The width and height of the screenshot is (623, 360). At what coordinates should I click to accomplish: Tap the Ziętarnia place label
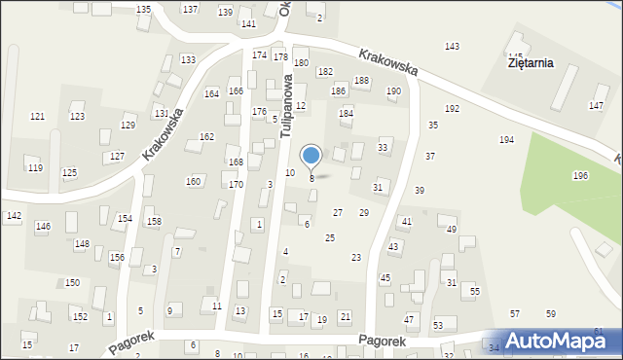pyautogui.click(x=531, y=63)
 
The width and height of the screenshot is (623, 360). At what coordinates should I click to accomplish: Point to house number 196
pyautogui.click(x=580, y=176)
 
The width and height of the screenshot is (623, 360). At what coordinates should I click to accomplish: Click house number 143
pyautogui.click(x=452, y=47)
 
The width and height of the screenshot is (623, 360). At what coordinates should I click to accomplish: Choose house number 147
pyautogui.click(x=596, y=105)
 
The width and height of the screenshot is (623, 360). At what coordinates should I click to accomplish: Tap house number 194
pyautogui.click(x=506, y=140)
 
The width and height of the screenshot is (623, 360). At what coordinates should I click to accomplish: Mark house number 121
pyautogui.click(x=37, y=117)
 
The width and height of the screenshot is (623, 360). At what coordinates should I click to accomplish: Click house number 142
pyautogui.click(x=14, y=216)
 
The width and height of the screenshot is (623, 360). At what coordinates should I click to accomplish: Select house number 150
pyautogui.click(x=72, y=282)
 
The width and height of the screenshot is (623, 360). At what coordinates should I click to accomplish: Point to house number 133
pyautogui.click(x=187, y=60)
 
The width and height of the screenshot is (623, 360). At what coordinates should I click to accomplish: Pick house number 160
pyautogui.click(x=194, y=182)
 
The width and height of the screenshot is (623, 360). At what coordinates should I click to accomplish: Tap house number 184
pyautogui.click(x=345, y=114)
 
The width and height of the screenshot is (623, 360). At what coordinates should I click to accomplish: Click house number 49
pyautogui.click(x=451, y=230)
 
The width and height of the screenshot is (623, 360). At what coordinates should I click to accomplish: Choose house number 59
pyautogui.click(x=550, y=314)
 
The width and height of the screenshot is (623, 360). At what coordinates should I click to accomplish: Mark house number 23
pyautogui.click(x=356, y=257)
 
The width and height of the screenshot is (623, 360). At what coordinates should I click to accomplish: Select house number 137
pyautogui.click(x=190, y=9)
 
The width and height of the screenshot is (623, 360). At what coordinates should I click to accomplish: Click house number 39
pyautogui.click(x=420, y=191)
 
